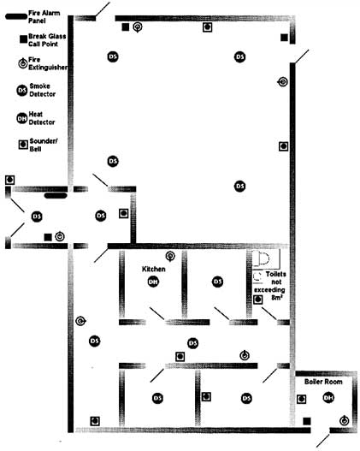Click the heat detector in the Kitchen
153,282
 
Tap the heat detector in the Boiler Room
328,397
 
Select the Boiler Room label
323,382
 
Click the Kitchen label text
154,269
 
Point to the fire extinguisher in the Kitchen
170,256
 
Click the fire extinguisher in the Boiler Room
345,421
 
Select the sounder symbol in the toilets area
258,300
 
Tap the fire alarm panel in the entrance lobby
56,196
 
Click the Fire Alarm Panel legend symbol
16,16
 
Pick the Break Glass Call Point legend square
23,39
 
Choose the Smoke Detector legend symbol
22,91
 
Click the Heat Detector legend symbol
22,118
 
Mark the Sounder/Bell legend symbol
23,145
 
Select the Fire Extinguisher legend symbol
23,63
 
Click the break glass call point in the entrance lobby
48,237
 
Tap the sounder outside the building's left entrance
10,180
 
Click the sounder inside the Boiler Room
301,399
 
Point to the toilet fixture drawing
262,258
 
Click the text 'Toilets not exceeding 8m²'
270,286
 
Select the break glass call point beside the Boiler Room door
307,421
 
